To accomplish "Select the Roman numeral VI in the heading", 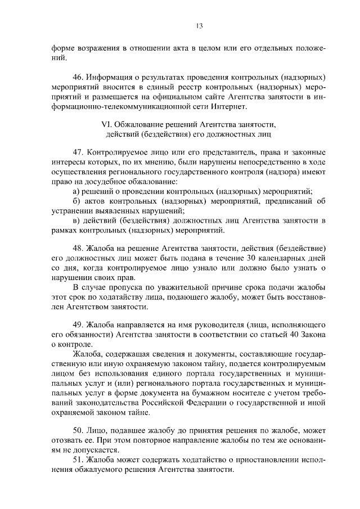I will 102,124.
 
